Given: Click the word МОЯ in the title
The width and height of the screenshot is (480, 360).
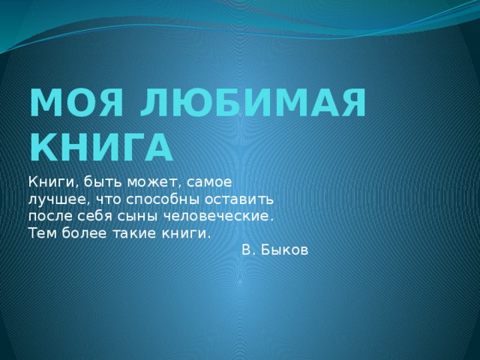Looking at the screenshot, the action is [76, 102].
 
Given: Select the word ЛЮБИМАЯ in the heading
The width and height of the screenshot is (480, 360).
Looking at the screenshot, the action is [253, 102].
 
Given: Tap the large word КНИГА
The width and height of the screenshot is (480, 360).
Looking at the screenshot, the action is [101, 147].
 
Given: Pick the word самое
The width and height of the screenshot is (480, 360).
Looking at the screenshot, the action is [209, 183].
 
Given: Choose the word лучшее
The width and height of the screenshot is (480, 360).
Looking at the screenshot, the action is [60, 200].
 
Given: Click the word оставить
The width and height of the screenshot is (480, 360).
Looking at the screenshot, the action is [238, 200].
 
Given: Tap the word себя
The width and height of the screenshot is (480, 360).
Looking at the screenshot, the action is [94, 216].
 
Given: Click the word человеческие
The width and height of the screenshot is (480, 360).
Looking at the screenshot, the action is [217, 217].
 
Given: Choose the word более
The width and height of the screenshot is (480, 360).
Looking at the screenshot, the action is [84, 233].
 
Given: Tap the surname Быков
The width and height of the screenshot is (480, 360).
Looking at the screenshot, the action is [284, 250].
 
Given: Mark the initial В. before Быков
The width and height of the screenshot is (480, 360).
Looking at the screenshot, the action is [248, 250].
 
